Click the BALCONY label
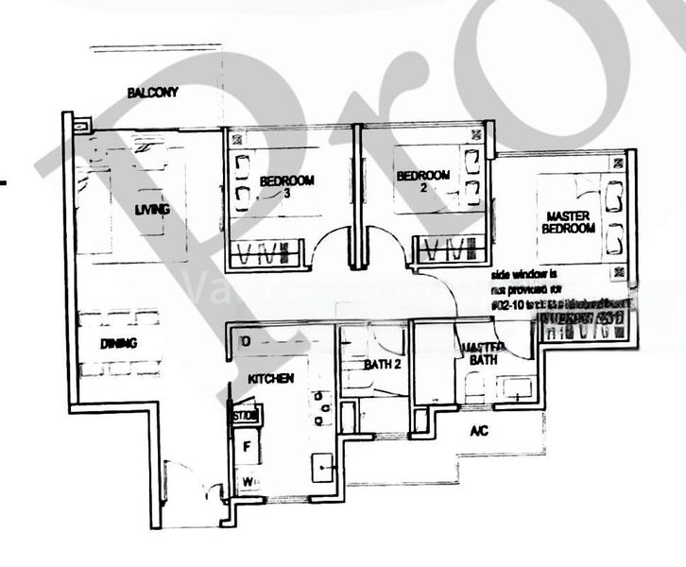coord(152,93)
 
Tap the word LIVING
coord(152,209)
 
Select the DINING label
coord(118,344)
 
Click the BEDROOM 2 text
coord(422,180)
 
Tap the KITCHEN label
coord(270,378)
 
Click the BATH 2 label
coord(385,365)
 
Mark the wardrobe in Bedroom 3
coord(268,253)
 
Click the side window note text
coord(547,292)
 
